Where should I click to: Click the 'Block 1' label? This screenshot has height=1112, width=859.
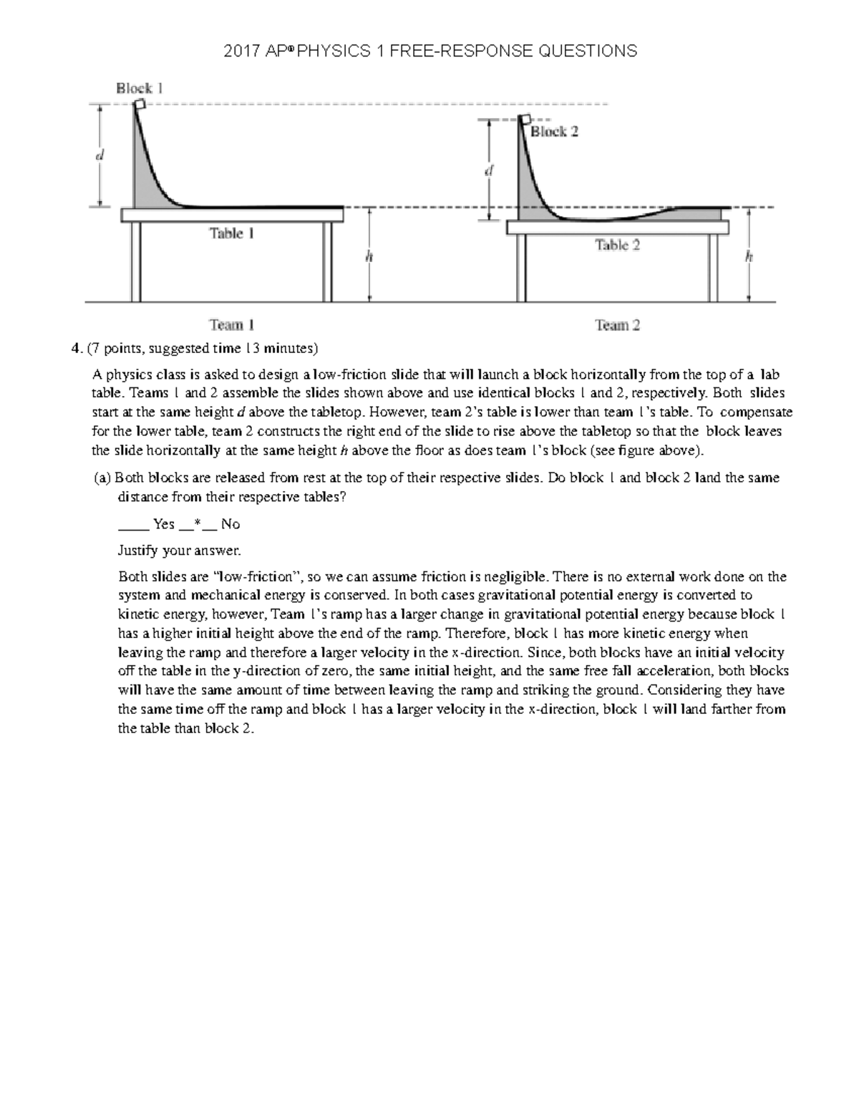tap(140, 88)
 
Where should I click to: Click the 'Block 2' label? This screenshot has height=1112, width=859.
tap(554, 132)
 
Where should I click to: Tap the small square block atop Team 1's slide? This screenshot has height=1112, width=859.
tap(140, 105)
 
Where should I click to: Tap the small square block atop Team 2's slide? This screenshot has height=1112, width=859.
tap(526, 120)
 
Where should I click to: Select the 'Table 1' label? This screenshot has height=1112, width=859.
tap(231, 233)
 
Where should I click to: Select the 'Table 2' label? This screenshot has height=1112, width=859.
tap(617, 245)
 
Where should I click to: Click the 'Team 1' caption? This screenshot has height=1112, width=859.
tap(231, 325)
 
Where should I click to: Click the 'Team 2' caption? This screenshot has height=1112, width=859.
tap(617, 325)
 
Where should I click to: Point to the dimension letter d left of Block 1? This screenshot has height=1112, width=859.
tap(100, 155)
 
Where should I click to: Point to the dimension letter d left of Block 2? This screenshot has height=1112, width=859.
tap(489, 171)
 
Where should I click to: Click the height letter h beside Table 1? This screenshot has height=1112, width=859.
tap(369, 257)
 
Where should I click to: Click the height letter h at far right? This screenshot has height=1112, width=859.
tap(749, 257)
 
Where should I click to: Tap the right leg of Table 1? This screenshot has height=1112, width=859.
tap(328, 261)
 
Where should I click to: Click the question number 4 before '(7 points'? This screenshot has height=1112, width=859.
tap(74, 349)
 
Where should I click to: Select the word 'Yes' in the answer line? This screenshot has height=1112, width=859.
tap(164, 524)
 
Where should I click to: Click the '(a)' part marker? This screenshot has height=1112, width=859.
tap(102, 478)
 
